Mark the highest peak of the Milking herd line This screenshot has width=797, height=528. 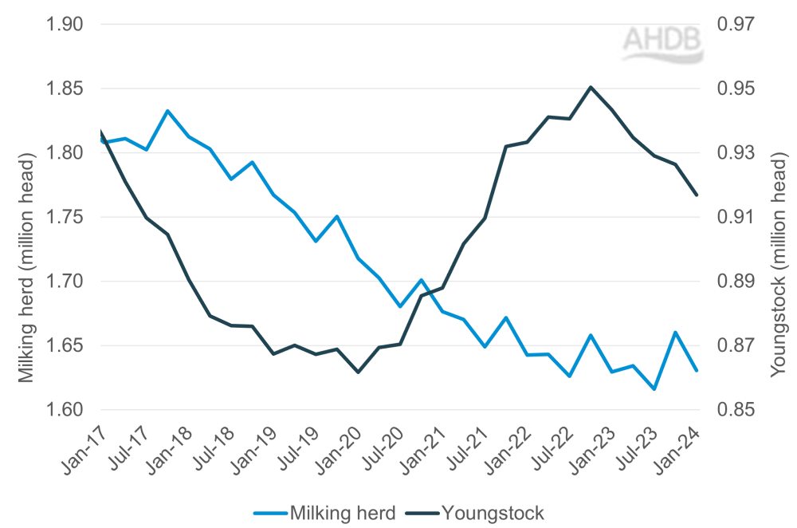tap(167, 111)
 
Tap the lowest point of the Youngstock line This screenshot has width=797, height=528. tap(358, 372)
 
